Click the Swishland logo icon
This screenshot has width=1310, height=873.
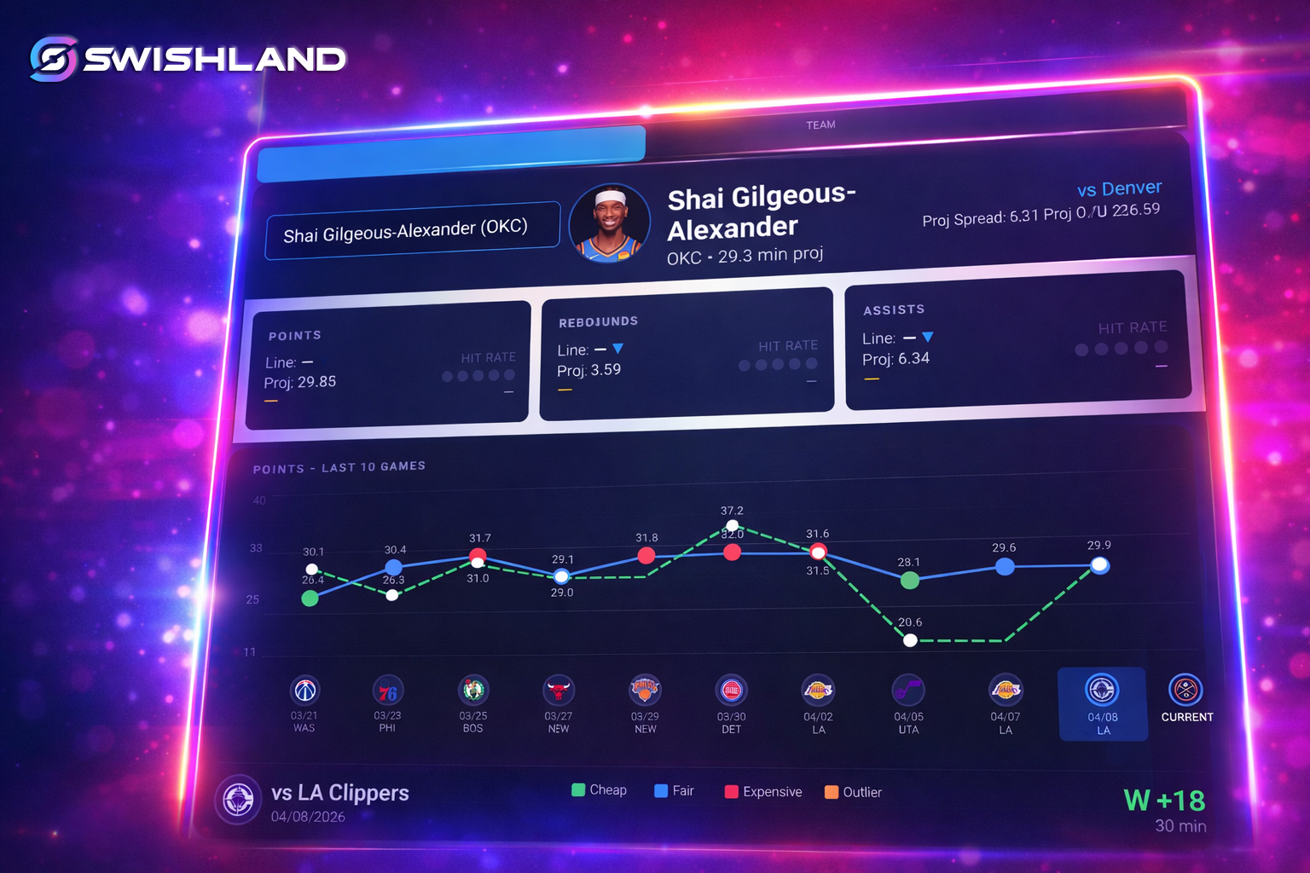coord(54,59)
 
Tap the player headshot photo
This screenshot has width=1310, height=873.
coord(609,223)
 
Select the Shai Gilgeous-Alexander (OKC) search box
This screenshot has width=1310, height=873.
coord(412,230)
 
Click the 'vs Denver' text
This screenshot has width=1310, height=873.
coord(1119,188)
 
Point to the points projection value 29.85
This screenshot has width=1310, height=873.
coord(316,382)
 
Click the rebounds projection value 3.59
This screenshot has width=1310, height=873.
coord(606,370)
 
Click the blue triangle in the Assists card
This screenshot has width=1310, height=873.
coord(928,337)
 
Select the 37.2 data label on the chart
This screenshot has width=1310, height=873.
coord(732,511)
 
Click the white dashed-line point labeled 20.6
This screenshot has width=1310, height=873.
coord(910,640)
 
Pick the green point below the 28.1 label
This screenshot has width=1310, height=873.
coord(910,581)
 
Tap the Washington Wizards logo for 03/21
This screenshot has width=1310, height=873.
coord(305,690)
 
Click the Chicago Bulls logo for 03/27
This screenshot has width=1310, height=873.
coord(559,690)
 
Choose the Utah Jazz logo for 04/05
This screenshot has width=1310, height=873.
coord(908,690)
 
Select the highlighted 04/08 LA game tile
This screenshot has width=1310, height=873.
coord(1102,704)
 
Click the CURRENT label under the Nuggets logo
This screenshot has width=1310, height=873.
coord(1186,717)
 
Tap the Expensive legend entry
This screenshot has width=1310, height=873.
coord(763,792)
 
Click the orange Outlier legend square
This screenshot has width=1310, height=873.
coord(832,792)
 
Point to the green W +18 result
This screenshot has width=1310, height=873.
coord(1164,801)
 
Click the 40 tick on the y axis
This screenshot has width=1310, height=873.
coord(259,500)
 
